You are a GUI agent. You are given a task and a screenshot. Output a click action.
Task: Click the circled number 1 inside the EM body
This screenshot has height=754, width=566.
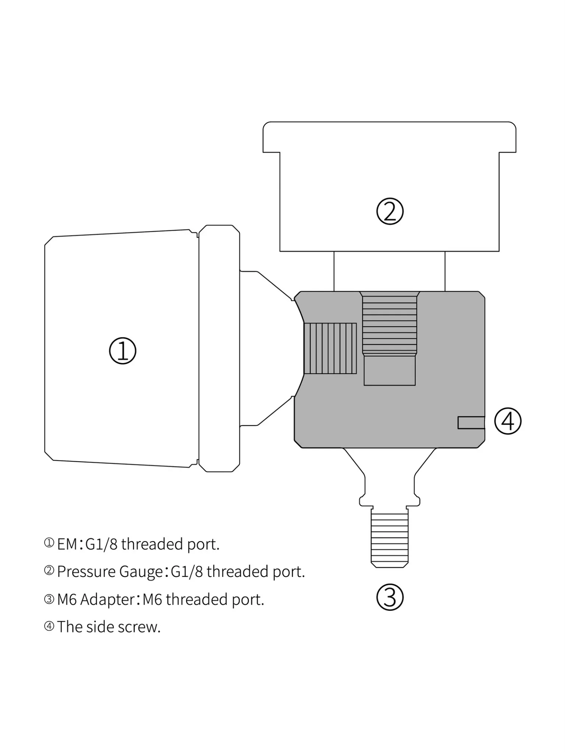click(x=123, y=350)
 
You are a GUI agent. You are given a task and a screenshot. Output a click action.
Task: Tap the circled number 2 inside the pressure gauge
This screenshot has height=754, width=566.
click(x=389, y=211)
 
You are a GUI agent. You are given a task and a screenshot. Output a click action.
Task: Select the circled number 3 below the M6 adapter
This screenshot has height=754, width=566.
click(x=389, y=597)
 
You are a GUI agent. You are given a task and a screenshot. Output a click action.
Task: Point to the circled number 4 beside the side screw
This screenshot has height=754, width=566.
click(x=508, y=421)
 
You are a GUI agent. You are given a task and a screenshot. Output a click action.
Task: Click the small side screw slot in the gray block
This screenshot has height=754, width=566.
click(x=471, y=423)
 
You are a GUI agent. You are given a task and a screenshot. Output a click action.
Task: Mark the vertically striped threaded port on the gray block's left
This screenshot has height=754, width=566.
click(x=330, y=348)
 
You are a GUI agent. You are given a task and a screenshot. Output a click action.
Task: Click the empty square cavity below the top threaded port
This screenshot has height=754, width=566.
click(x=389, y=370)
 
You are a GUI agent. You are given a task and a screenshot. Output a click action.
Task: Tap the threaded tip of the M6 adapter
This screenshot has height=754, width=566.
click(x=389, y=538)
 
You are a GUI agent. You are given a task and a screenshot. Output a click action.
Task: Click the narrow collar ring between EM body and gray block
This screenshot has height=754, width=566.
click(x=219, y=348)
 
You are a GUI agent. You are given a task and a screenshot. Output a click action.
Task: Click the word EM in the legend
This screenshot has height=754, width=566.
click(x=67, y=544)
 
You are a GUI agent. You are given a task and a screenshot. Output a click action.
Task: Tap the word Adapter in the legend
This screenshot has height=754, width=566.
click(x=107, y=599)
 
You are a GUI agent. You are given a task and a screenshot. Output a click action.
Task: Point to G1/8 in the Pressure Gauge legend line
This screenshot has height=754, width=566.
click(x=187, y=572)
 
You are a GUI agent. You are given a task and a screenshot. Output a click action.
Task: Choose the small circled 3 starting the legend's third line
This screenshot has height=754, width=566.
click(x=49, y=599)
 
